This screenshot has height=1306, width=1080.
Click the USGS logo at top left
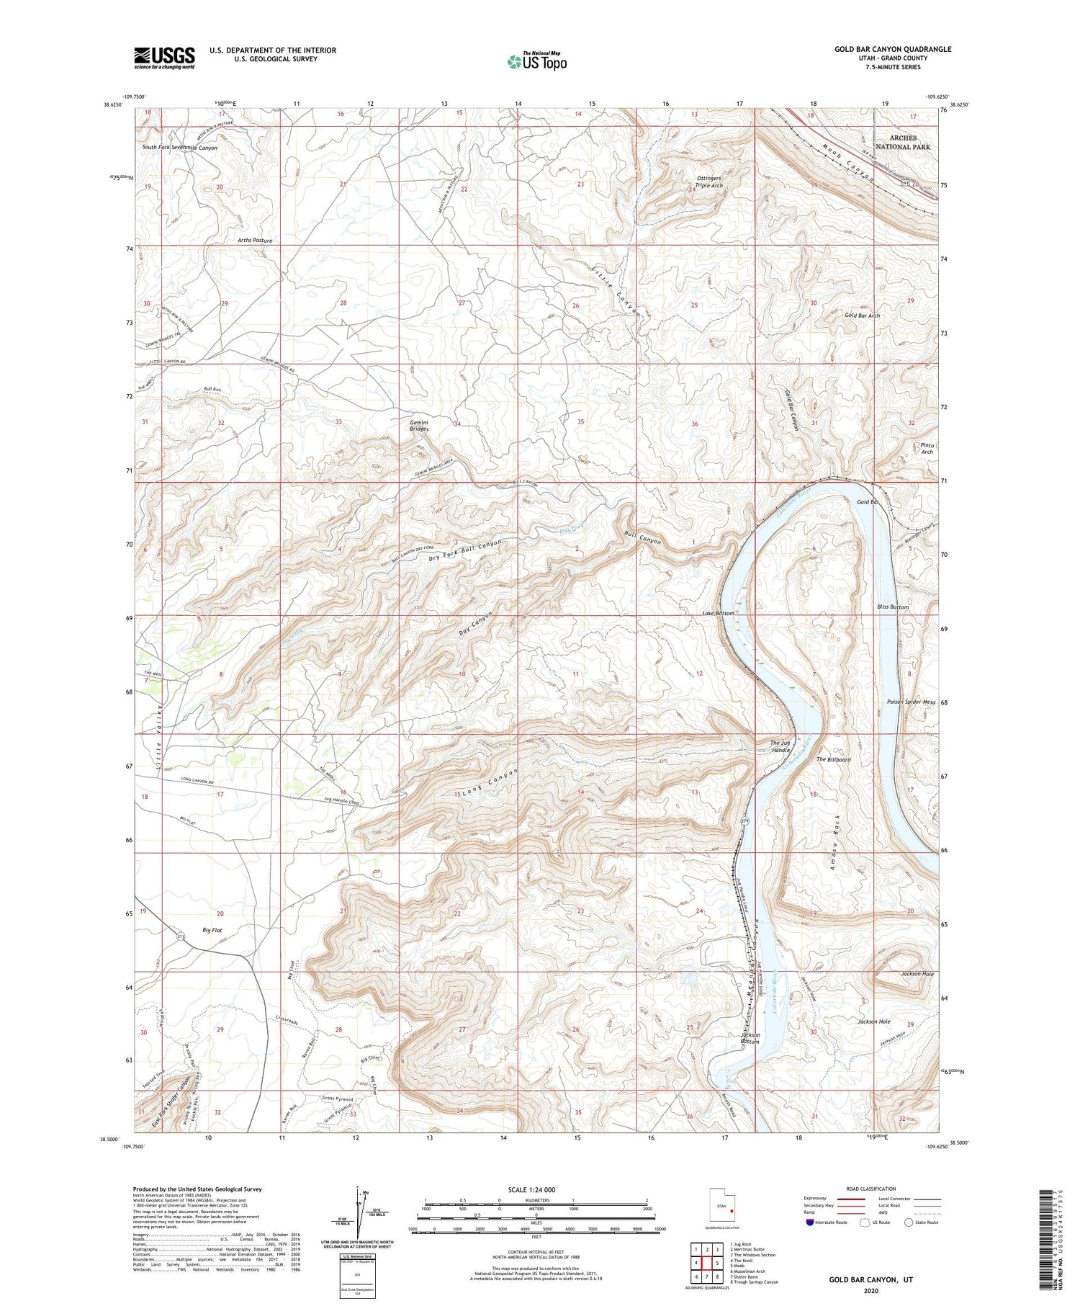click(x=164, y=58)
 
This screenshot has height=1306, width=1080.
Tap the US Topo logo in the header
click(x=536, y=61)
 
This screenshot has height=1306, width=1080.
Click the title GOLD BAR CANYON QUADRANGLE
click(x=893, y=49)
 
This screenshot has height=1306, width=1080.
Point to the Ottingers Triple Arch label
click(x=708, y=182)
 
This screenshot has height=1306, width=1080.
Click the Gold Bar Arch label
click(x=862, y=316)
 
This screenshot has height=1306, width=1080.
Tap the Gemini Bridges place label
click(x=419, y=425)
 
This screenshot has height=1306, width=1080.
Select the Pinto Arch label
click(x=927, y=448)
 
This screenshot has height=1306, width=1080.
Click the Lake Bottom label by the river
click(x=718, y=613)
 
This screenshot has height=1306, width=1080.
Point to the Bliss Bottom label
click(x=893, y=607)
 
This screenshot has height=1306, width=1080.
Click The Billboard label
click(x=833, y=759)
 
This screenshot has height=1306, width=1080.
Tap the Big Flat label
click(x=212, y=930)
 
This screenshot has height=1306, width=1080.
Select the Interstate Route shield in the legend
click(x=810, y=1222)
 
